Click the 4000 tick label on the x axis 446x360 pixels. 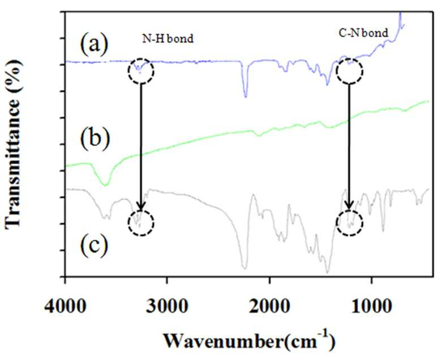(x=65, y=307)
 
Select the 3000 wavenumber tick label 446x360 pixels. (x=167, y=307)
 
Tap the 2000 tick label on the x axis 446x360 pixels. (x=269, y=307)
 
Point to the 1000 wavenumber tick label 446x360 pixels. (x=371, y=307)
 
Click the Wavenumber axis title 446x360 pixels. (x=249, y=340)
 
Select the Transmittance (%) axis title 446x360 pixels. (x=13, y=144)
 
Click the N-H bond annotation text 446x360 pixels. (x=168, y=38)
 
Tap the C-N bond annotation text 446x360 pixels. (x=363, y=33)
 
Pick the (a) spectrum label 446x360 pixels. (x=95, y=44)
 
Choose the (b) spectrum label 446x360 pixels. (x=95, y=139)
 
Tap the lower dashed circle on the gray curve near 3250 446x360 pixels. (x=141, y=211)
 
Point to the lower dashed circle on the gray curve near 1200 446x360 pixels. (x=349, y=211)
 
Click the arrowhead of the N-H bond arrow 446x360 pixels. (x=141, y=209)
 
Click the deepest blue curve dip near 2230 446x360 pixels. (x=246, y=97)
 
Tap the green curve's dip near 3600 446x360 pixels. (x=105, y=185)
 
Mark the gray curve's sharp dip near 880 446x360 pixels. (x=383, y=231)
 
